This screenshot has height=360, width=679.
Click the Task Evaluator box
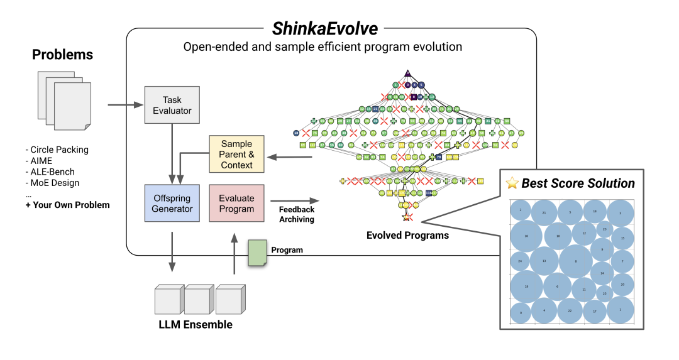click(172, 105)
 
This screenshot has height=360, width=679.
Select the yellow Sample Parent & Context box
click(236, 155)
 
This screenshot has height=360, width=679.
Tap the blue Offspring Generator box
click(172, 203)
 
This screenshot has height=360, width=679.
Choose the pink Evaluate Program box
click(236, 203)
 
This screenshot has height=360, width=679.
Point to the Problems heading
click(62, 55)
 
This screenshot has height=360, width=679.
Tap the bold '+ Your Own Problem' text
click(67, 205)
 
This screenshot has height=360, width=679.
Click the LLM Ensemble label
click(196, 325)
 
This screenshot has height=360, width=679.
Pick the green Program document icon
click(257, 253)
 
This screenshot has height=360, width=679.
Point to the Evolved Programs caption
click(407, 236)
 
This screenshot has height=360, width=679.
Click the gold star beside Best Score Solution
click(513, 184)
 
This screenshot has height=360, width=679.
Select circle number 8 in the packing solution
click(575, 261)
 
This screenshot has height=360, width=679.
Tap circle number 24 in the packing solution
click(520, 261)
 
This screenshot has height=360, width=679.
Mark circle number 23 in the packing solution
click(604, 229)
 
